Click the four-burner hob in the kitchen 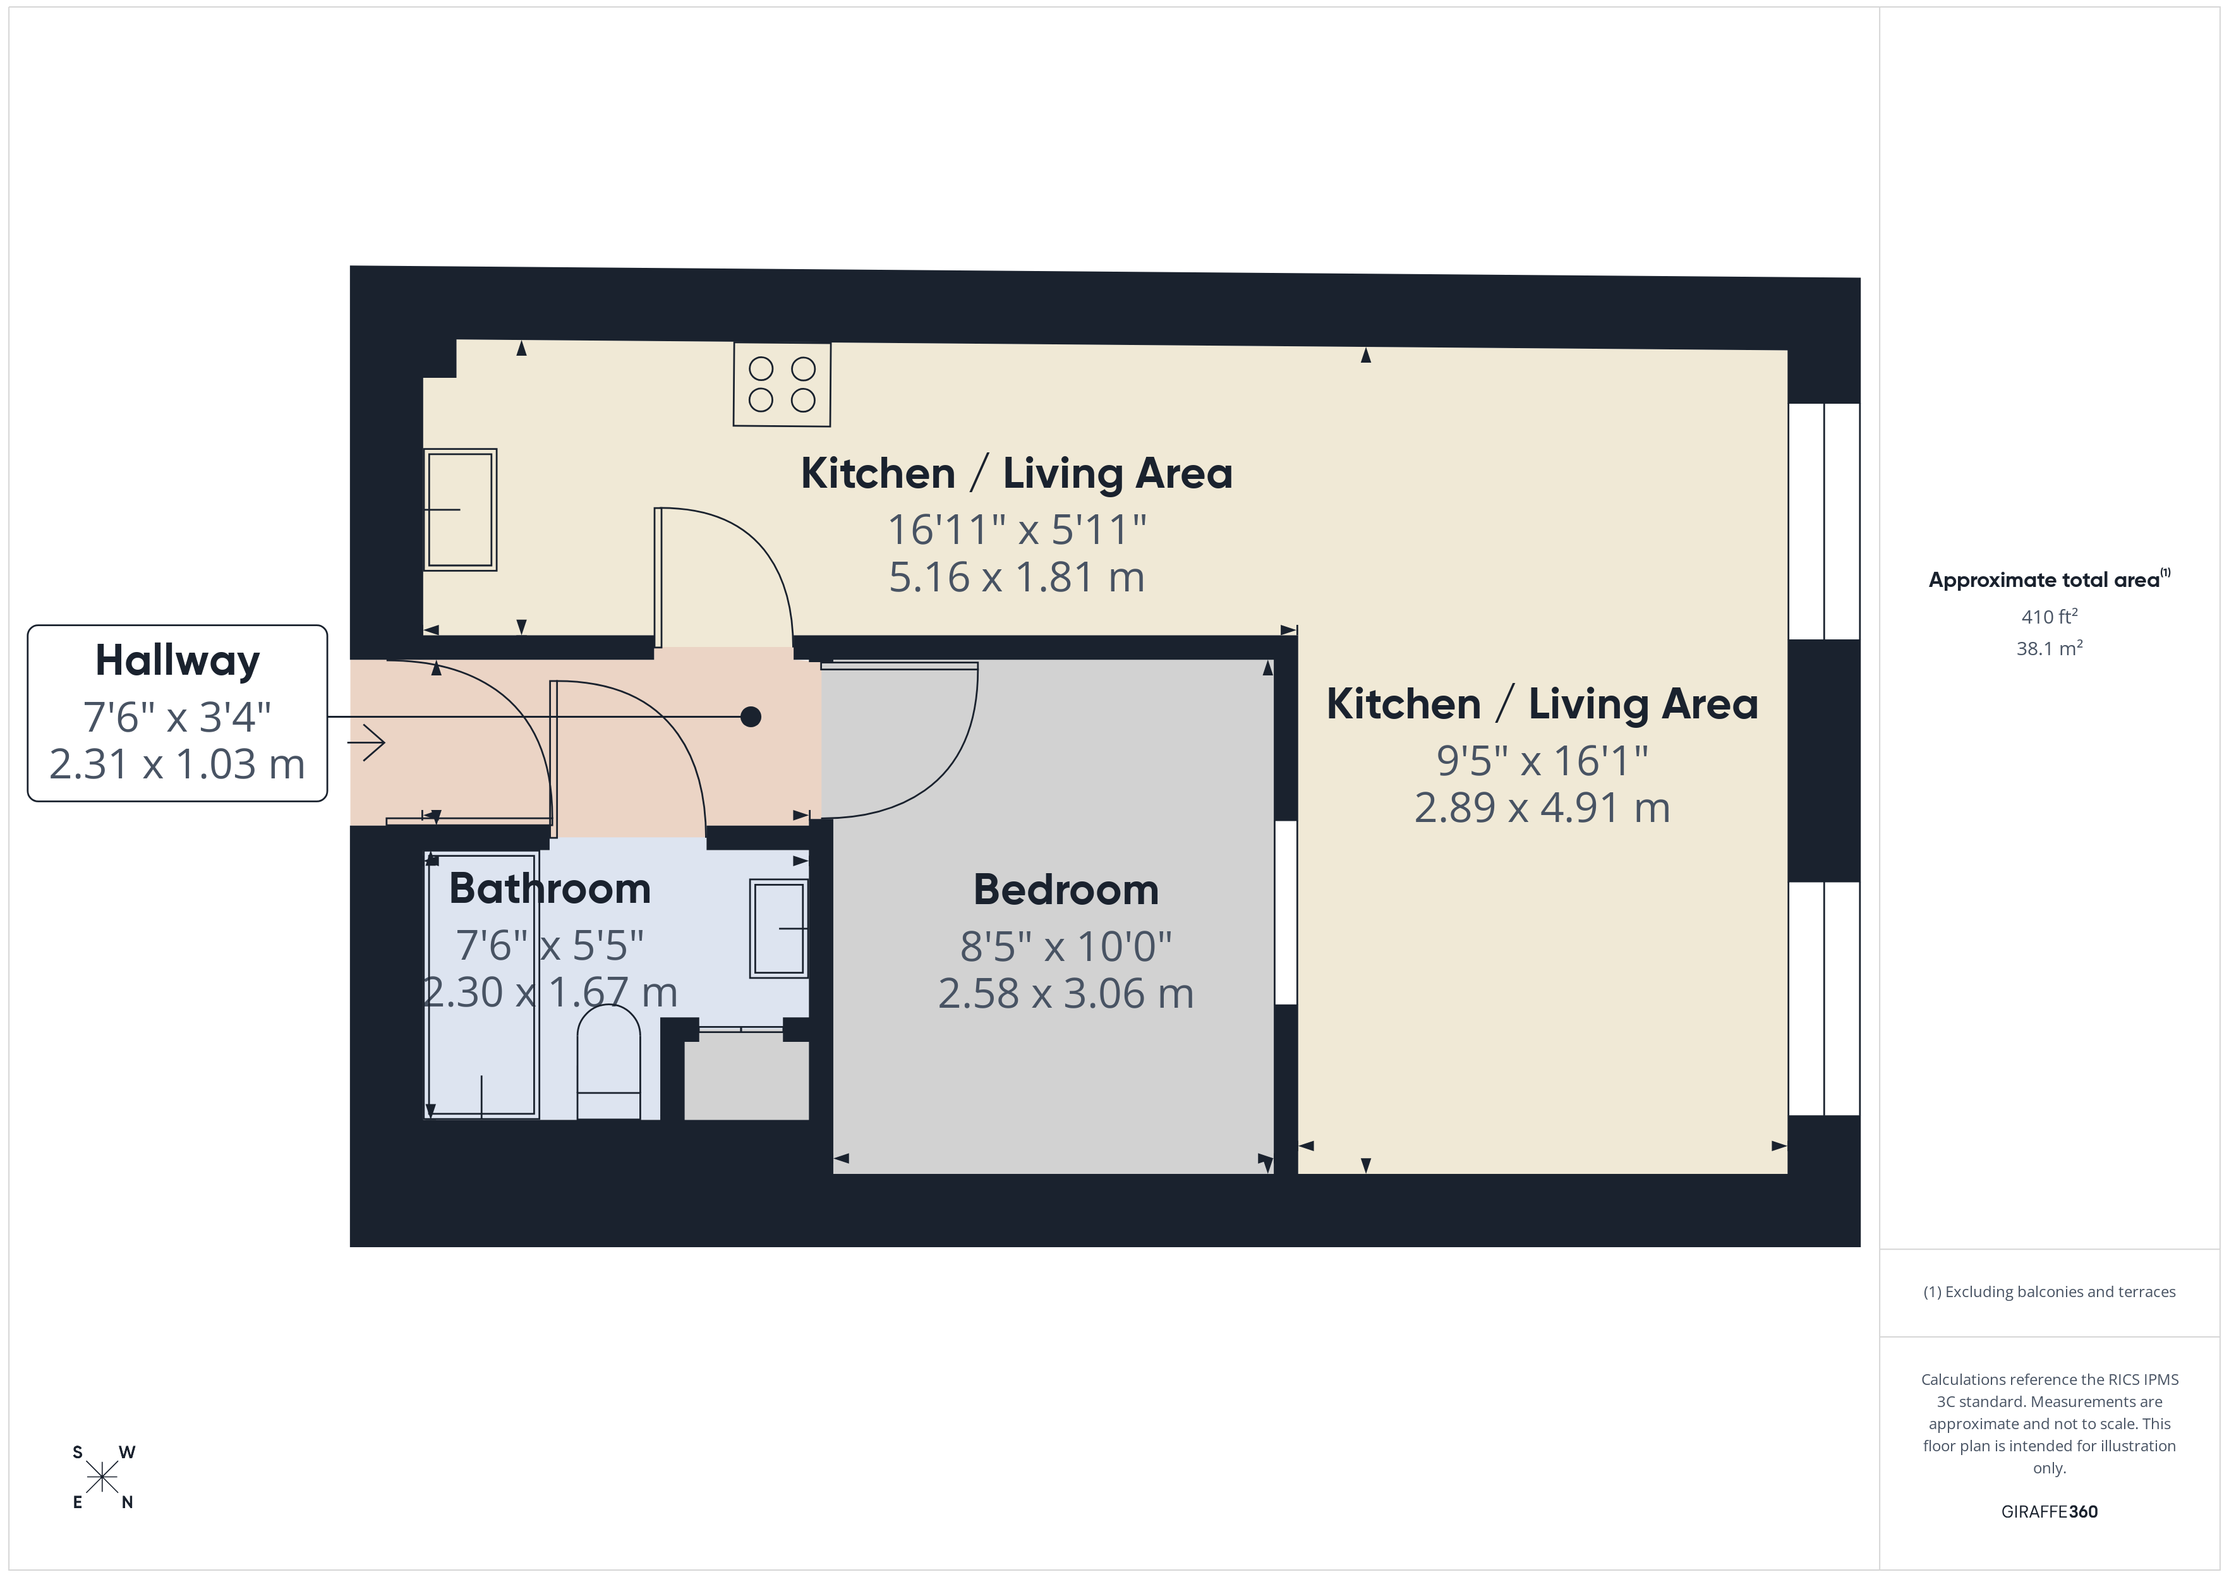tap(782, 385)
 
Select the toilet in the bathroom tap(608, 1063)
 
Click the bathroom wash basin tap(778, 928)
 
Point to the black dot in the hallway tap(751, 716)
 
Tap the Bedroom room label tap(1066, 890)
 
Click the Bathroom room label tap(550, 888)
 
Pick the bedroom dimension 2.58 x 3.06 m tap(1066, 993)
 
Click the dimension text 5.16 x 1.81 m tap(1017, 577)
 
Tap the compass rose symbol tap(102, 1477)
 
